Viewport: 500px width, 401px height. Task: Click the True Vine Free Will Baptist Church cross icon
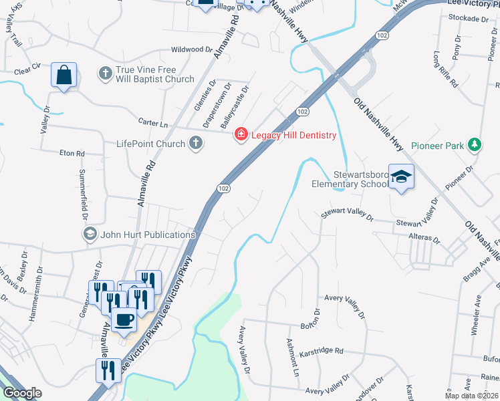click(106, 72)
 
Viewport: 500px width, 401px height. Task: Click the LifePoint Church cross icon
click(196, 143)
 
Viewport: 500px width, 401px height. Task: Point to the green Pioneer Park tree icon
click(474, 144)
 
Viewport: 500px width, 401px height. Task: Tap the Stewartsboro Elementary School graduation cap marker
click(401, 176)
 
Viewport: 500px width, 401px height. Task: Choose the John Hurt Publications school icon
click(90, 234)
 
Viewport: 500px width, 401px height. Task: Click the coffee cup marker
click(123, 319)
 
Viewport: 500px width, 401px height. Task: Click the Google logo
click(22, 393)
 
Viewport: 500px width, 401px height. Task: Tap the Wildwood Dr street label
click(191, 49)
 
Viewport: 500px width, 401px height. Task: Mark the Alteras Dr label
click(427, 238)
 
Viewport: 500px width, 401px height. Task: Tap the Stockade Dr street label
click(469, 19)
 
